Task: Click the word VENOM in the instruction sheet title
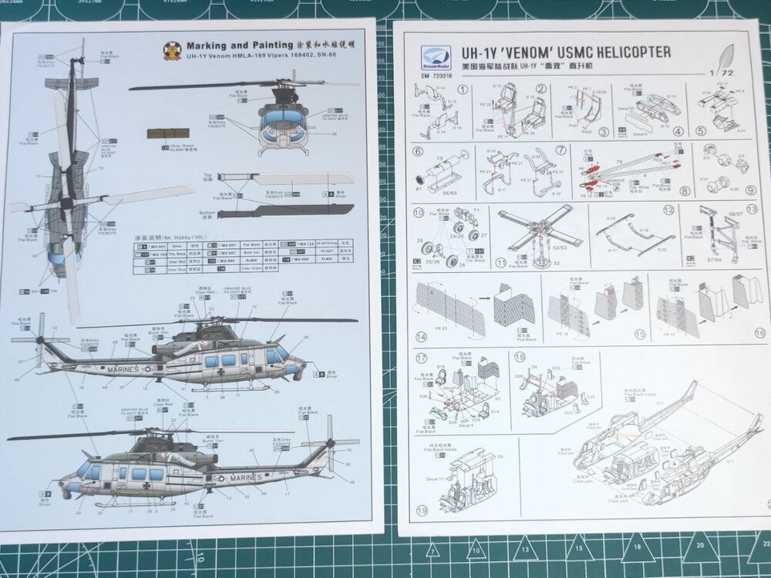[x=536, y=54]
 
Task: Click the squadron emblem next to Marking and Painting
[x=172, y=51]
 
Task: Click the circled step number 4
[x=677, y=131]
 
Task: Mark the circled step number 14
[x=421, y=337]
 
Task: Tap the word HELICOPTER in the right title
[x=631, y=53]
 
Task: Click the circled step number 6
[x=419, y=152]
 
